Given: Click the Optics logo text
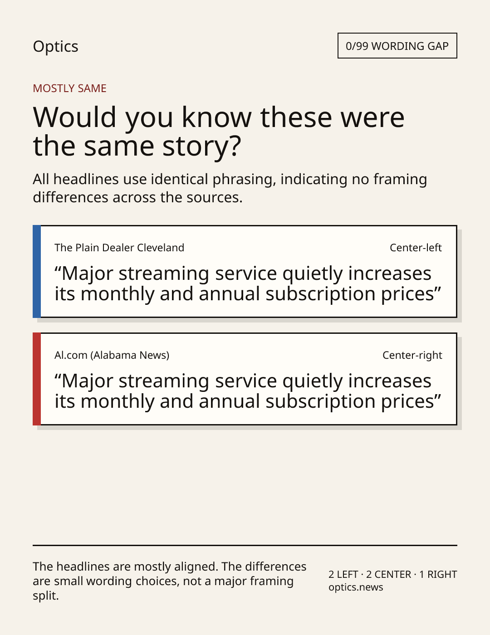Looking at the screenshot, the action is tap(55, 46).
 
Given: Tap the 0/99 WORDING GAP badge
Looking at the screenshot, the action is tap(397, 46).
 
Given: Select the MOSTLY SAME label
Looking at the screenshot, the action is tap(69, 88).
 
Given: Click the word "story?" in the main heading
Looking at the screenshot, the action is tap(201, 146).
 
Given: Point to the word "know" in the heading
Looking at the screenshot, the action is tap(216, 117).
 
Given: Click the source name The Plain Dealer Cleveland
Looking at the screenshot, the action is tap(119, 248).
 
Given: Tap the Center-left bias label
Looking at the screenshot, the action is tap(416, 248).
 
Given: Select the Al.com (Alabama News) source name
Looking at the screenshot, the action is tap(112, 355).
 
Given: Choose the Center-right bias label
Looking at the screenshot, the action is tap(412, 355).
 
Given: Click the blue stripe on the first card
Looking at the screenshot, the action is tap(37, 271).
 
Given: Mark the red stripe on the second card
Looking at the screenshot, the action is tap(37, 379).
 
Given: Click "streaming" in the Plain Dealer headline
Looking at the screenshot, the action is tap(164, 274).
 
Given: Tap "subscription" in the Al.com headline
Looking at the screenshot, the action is tap(320, 401).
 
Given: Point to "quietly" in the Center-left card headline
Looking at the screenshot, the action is tap(312, 274).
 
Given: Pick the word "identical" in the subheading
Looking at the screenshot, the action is tap(179, 179).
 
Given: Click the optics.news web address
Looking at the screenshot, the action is tap(356, 587).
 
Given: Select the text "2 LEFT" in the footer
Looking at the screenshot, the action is tap(343, 574).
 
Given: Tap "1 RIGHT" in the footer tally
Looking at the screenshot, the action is tap(438, 574).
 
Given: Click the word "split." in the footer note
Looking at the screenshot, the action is tap(45, 596).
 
